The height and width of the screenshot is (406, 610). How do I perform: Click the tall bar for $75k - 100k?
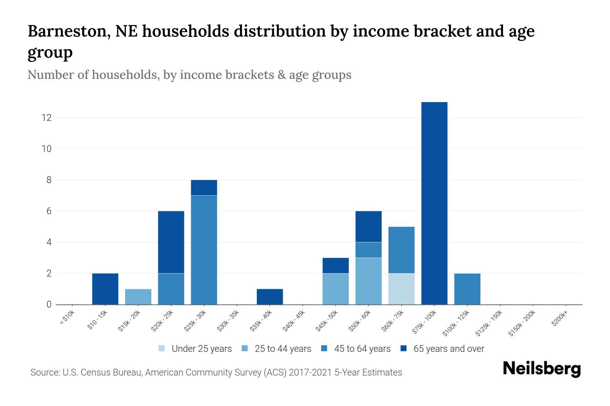point(434,203)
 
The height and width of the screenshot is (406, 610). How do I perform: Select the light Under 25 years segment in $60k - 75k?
point(401,289)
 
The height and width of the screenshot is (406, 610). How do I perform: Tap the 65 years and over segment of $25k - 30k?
point(204,187)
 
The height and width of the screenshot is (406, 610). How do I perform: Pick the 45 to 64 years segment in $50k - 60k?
point(368,250)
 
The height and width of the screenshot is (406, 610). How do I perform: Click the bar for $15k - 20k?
point(138,296)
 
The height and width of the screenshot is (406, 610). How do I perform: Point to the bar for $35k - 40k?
point(270,296)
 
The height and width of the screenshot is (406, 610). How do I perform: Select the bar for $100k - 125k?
point(467,289)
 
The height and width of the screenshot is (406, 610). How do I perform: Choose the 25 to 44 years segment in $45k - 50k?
point(335,289)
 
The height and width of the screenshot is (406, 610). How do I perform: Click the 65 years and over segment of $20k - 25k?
point(171,242)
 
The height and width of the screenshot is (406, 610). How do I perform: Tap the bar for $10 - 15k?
point(105,289)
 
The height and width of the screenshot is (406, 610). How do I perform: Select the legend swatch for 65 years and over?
point(404,348)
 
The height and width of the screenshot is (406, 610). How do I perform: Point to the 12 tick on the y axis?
point(46,118)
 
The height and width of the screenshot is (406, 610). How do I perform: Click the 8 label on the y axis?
point(49,180)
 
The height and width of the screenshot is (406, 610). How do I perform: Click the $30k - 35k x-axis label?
point(228,321)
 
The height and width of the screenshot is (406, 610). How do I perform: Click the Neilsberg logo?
point(542,369)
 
